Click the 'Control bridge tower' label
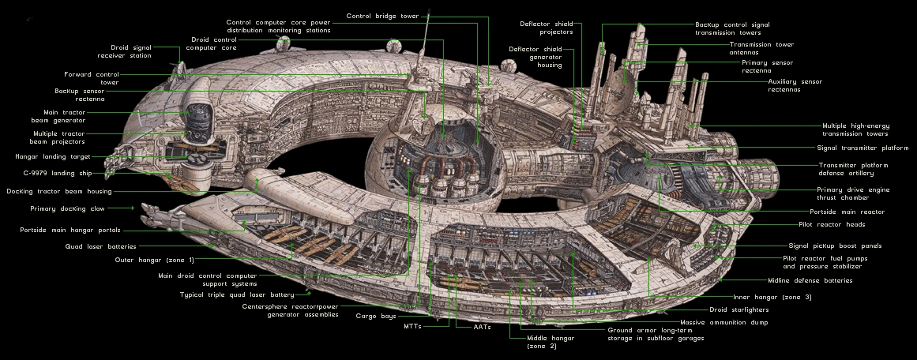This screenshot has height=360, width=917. click(383, 16)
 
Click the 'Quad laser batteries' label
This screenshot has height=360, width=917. click(100, 246)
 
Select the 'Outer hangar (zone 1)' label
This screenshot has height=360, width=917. click(154, 260)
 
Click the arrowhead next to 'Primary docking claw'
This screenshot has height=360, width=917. click(131, 208)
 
